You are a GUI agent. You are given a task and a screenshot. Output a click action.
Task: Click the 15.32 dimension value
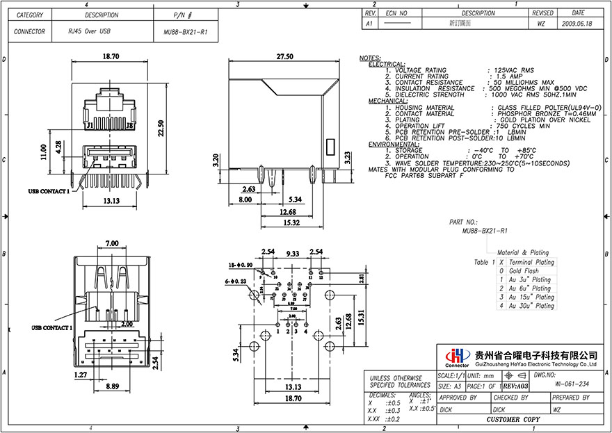pyautogui.click(x=291, y=222)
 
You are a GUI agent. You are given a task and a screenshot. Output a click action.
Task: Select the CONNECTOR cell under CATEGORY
pyautogui.click(x=30, y=32)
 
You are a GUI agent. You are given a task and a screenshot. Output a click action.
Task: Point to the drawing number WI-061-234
pyautogui.click(x=572, y=384)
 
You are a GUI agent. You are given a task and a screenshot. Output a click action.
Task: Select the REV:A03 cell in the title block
pyautogui.click(x=515, y=384)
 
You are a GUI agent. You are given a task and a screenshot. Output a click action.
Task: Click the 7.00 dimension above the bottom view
pyautogui.click(x=111, y=243)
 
